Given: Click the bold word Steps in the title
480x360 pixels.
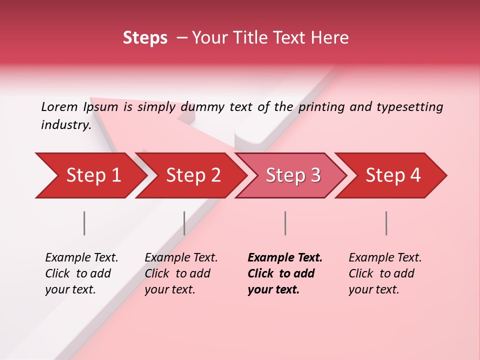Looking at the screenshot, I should coord(145,38).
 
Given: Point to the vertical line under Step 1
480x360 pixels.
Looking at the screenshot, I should coord(84,223).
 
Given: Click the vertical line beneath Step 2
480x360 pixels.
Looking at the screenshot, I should coord(184,223).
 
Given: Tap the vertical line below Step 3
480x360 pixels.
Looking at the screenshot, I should coord(285,223).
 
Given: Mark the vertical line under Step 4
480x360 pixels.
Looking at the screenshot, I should coord(386,223).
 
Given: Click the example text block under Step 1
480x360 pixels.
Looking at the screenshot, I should coord(81,273).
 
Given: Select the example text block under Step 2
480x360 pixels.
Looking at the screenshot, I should coord(181,273).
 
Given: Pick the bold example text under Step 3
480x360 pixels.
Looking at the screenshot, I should coord(284,273).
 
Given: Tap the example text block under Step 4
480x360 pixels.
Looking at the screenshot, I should coord(385,273).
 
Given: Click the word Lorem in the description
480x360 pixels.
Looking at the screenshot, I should coord(59,106).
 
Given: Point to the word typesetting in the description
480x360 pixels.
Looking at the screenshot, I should coord(409,106).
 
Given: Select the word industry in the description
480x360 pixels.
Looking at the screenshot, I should coord(65,124).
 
